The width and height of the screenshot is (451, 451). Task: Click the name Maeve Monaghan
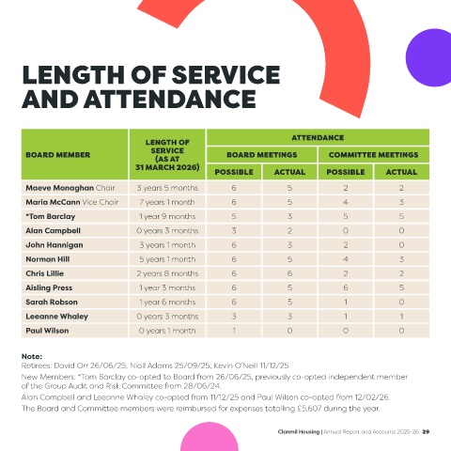pos(59,188)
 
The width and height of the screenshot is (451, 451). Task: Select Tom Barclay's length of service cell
pos(167,216)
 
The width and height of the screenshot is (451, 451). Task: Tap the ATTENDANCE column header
pos(318,137)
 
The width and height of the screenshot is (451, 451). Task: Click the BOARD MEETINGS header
pos(262,155)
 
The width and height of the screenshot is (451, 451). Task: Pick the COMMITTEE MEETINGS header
pos(373,155)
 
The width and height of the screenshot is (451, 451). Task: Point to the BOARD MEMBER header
pos(58,155)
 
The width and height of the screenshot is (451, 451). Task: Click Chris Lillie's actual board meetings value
pos(289,273)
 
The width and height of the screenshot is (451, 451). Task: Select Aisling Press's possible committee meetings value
pos(346,288)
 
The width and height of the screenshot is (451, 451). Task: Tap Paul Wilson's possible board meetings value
pos(234,331)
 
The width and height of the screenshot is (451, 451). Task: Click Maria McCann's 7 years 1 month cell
pos(167,202)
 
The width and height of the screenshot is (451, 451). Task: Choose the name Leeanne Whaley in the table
pos(56,317)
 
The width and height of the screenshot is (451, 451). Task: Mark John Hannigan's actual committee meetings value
pos(401,245)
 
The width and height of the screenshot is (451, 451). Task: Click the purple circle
pos(429,57)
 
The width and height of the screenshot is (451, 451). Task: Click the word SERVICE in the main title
pos(225,75)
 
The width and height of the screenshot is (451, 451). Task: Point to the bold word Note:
pos(32,356)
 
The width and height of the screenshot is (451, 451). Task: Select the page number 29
pos(426,431)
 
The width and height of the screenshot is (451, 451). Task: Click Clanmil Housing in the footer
pos(299,431)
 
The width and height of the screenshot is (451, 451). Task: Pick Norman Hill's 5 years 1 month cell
pos(167,259)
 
